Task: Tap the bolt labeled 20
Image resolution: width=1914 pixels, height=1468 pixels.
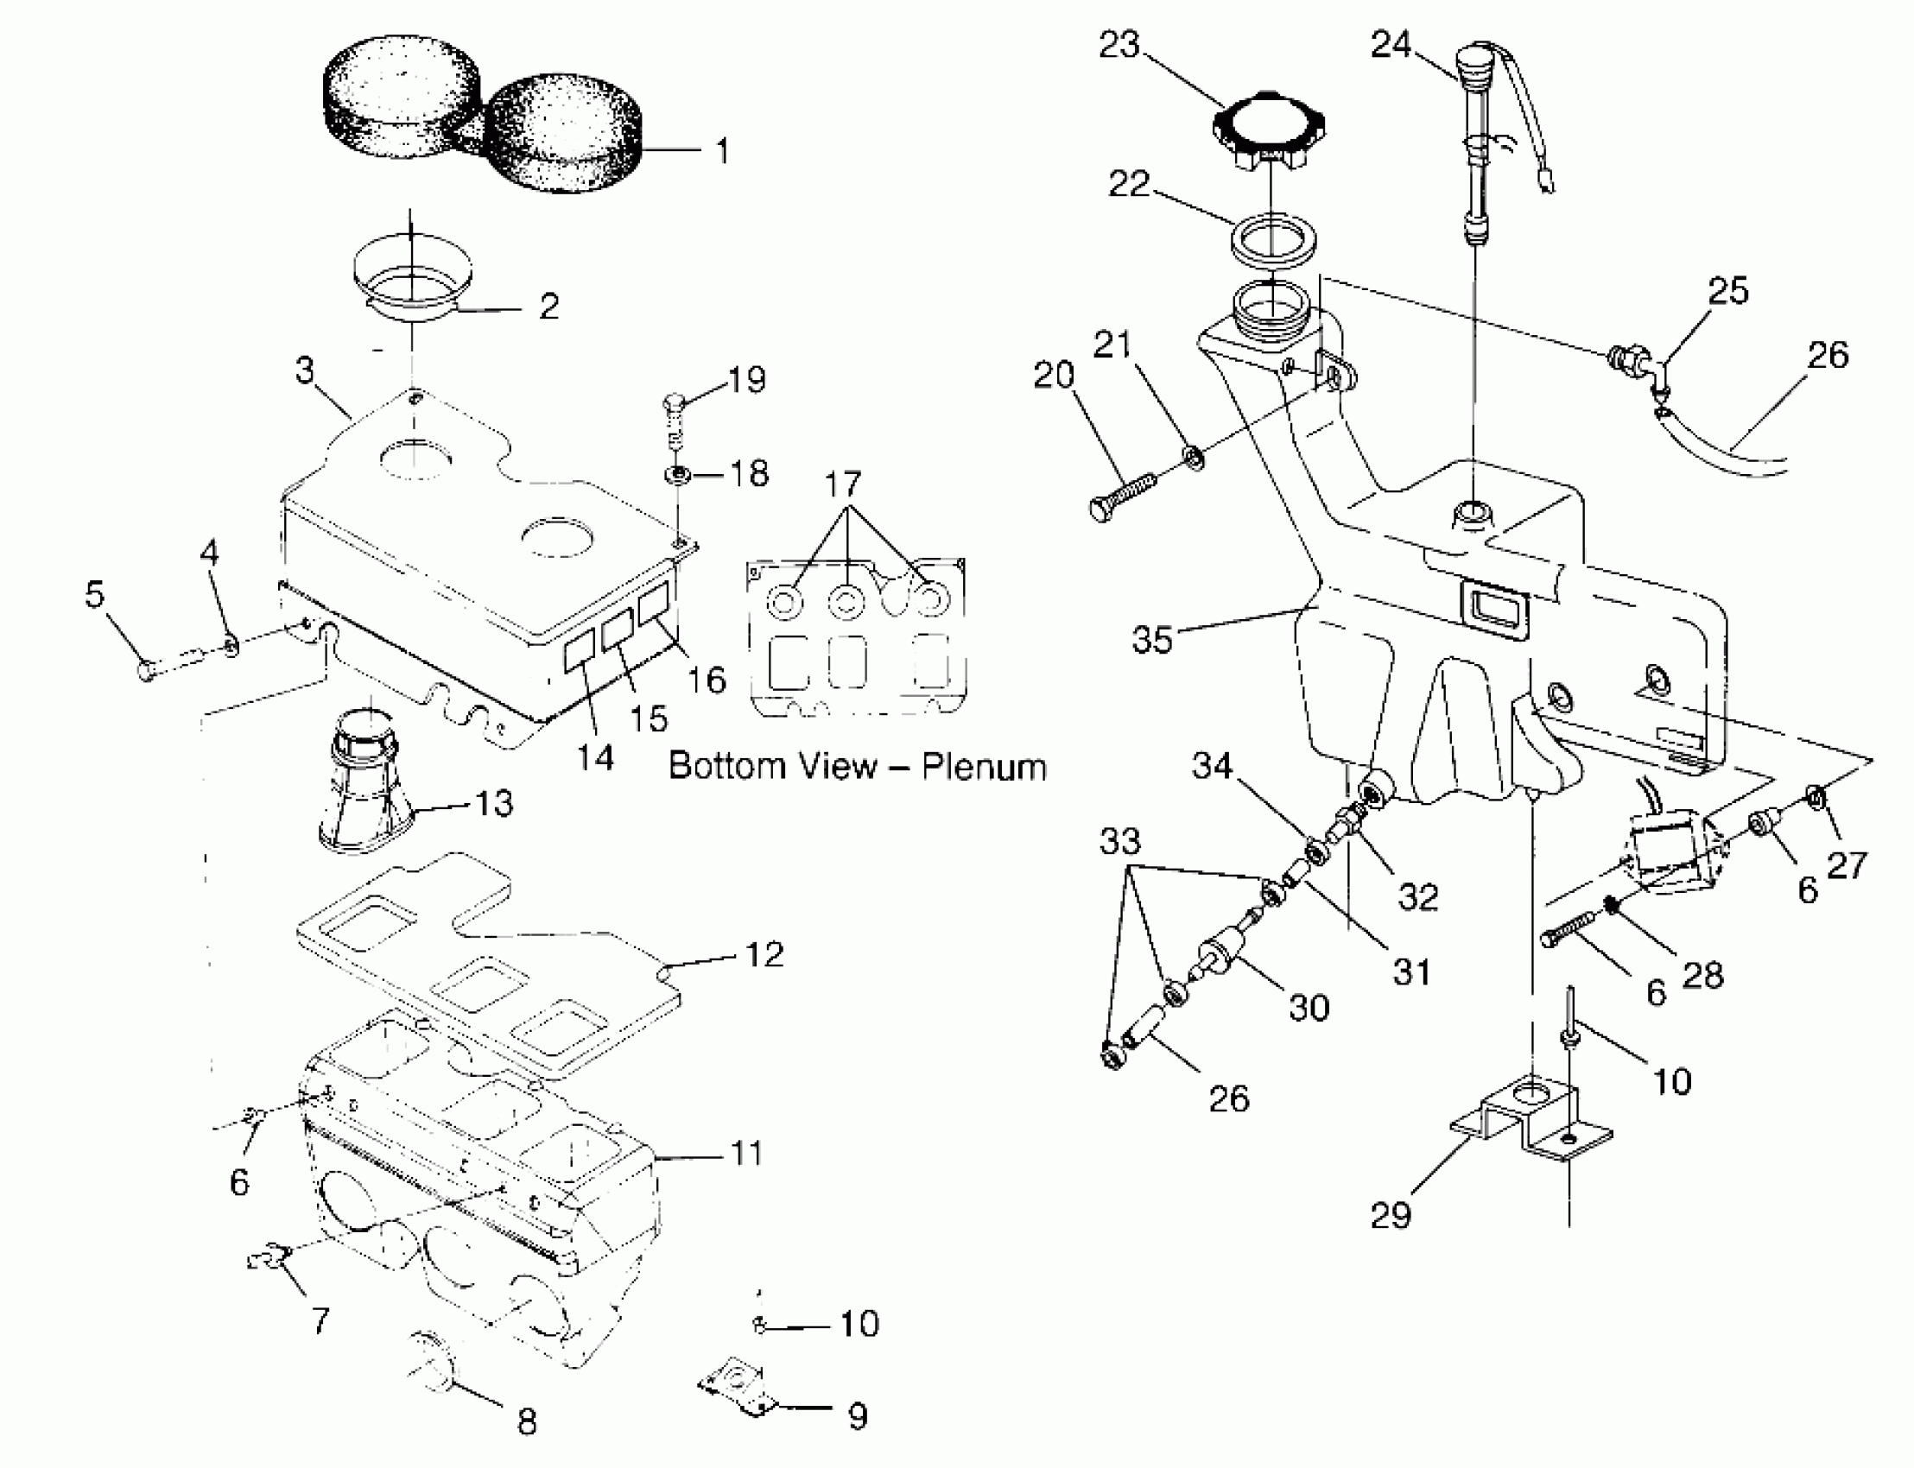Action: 1123,496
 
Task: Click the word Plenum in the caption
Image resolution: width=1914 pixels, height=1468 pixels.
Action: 984,766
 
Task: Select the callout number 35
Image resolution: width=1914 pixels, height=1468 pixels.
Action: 1151,640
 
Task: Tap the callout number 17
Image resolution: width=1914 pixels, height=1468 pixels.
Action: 843,484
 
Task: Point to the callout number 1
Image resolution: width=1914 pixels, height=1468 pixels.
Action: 722,151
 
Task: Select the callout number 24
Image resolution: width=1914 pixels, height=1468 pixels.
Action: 1391,45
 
